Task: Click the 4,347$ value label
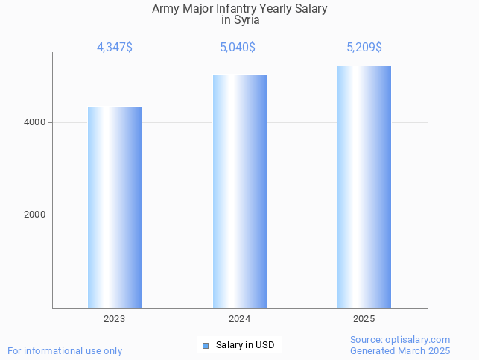click(115, 48)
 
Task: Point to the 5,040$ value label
click(238, 48)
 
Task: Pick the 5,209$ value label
click(364, 48)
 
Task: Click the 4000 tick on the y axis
click(35, 122)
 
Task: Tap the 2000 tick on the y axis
click(35, 215)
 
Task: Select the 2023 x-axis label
click(115, 318)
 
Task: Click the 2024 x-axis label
click(240, 318)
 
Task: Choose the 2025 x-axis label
click(364, 318)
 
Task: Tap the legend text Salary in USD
click(245, 345)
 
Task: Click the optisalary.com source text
click(400, 340)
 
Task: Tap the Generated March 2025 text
click(400, 351)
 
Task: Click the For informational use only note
click(65, 351)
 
